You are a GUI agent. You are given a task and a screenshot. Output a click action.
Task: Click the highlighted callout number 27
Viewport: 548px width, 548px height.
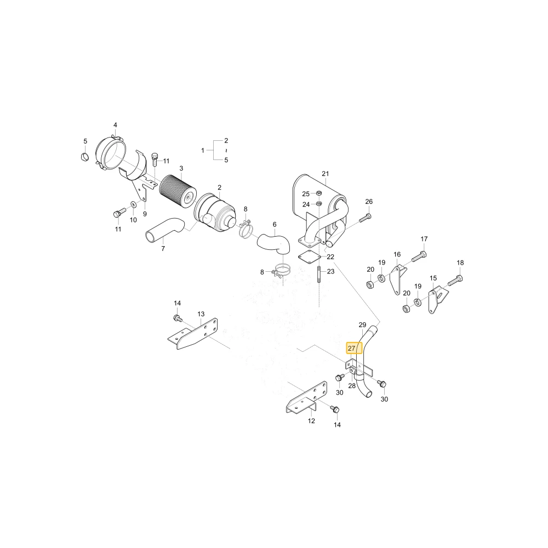[352, 348]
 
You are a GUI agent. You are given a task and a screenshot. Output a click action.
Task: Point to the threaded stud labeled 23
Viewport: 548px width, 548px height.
[319, 275]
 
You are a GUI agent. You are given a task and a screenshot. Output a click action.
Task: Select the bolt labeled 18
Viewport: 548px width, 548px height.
[454, 281]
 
